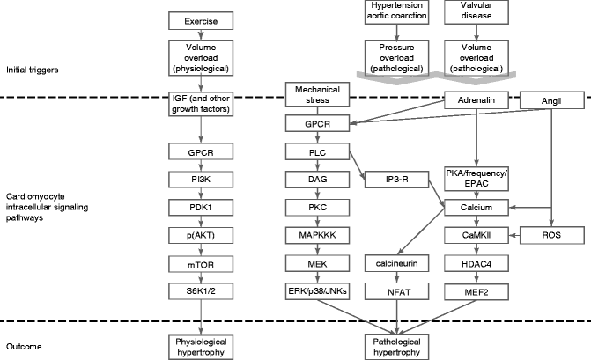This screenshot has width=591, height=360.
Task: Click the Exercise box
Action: pos(202,20)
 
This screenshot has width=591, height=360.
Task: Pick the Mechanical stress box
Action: pos(316,94)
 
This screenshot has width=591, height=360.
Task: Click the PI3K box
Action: pos(202,178)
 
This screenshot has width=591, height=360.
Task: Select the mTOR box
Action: pos(202,263)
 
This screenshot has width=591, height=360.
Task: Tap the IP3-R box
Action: pos(395,179)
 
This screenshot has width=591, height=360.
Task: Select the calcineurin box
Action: pos(395,263)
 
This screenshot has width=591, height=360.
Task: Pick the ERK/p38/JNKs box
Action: pos(316,291)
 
